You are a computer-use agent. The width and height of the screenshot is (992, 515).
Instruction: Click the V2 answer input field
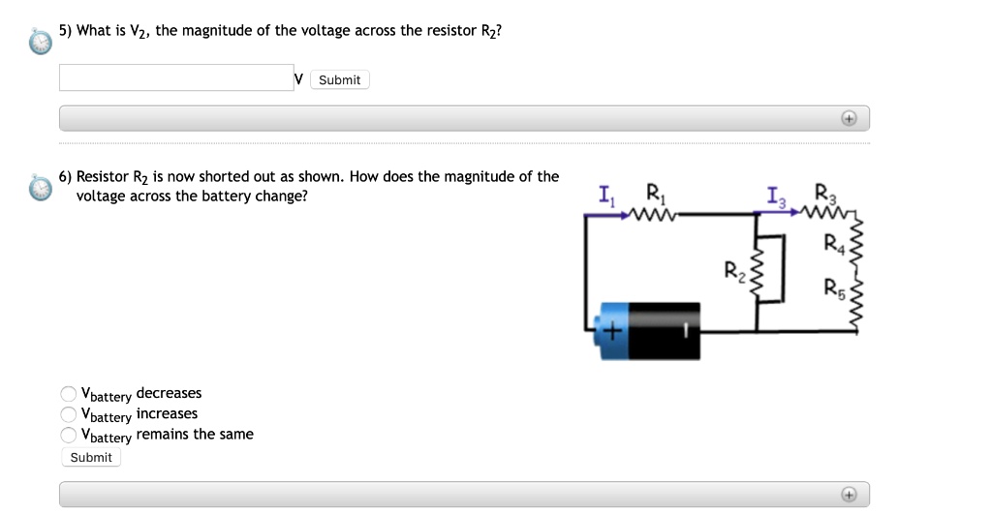[175, 77]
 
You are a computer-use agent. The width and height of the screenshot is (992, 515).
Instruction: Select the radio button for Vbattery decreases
[69, 394]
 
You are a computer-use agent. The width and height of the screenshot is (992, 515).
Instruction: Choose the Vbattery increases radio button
[69, 414]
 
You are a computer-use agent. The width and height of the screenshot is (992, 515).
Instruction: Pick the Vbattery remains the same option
[69, 435]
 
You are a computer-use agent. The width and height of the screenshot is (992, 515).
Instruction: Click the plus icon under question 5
[849, 118]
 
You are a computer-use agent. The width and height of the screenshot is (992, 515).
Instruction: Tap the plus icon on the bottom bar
[849, 494]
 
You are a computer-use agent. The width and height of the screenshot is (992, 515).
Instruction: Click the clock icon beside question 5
[40, 42]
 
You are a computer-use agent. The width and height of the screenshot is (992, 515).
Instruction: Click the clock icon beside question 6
[40, 187]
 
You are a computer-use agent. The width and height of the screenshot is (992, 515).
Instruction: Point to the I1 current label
[605, 196]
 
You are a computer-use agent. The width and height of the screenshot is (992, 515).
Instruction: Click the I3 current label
[775, 200]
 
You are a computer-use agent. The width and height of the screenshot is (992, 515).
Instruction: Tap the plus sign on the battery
[612, 332]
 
